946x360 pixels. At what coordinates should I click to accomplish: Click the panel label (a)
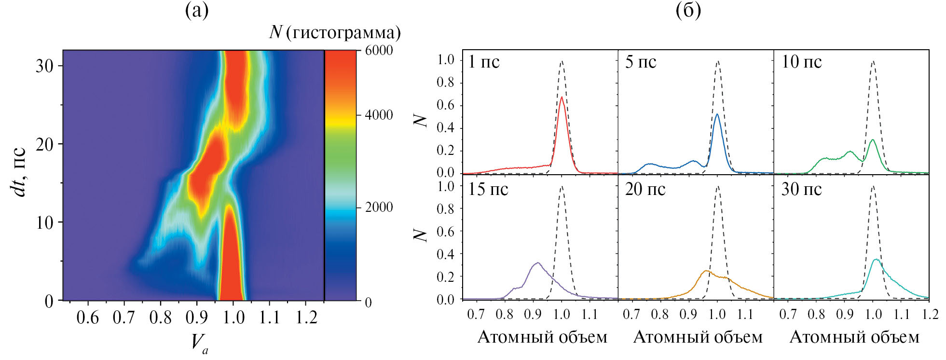coord(197,11)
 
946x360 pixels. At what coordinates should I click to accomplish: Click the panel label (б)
coord(688,11)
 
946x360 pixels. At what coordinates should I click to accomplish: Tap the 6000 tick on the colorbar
coord(379,51)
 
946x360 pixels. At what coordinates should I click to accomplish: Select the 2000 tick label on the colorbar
coord(379,208)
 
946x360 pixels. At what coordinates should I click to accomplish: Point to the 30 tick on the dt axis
coord(44,66)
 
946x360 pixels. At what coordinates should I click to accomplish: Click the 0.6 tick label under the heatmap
coord(88,318)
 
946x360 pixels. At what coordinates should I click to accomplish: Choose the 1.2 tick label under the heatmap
coord(307,318)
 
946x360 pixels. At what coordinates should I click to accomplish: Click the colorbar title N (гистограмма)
coord(335,32)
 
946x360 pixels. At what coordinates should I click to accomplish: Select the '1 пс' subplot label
coord(484,62)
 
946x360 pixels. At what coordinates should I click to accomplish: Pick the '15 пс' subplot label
coord(488,189)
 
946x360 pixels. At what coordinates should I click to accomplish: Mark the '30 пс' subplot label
coord(801,189)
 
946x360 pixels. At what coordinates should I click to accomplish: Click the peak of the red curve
coord(562,97)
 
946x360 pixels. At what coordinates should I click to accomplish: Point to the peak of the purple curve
coord(537,263)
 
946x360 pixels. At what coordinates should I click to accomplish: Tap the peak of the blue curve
coord(717,114)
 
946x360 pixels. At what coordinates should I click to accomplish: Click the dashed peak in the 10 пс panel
coord(873,61)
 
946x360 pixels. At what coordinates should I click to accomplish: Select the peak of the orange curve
coord(706,271)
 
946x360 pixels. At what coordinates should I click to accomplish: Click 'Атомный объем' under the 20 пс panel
coord(698,337)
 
